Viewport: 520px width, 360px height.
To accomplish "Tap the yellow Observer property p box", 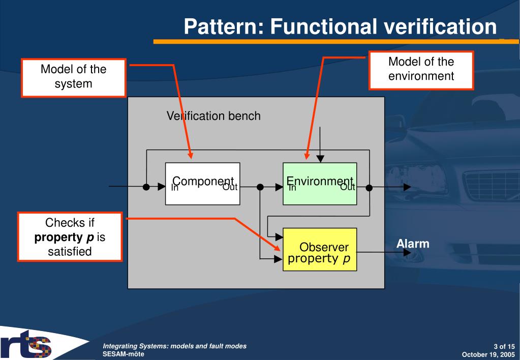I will coord(319,249).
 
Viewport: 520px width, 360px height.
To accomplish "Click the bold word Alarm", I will coord(413,244).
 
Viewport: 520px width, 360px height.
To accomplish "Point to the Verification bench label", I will coord(213,116).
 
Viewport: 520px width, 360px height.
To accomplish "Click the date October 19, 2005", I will coord(490,353).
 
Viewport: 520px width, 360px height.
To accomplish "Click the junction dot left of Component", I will coord(146,187).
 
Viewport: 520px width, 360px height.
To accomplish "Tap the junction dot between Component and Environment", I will coord(260,187).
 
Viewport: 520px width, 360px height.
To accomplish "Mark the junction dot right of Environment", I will coord(369,187).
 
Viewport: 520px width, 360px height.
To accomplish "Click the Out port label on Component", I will coord(230,188).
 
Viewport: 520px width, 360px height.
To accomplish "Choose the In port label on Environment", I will coord(292,188).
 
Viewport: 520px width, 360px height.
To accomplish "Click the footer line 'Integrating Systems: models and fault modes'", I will coord(174,346).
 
